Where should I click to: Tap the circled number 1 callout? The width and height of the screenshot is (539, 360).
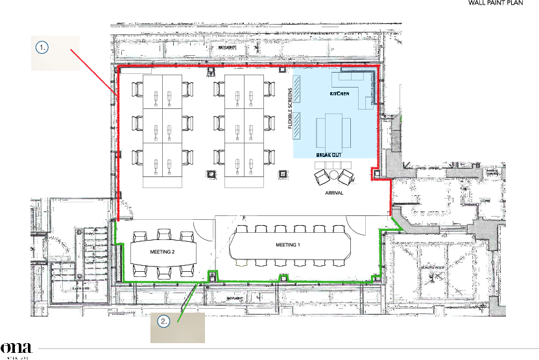click(42, 47)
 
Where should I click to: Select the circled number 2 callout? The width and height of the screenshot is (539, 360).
click(165, 321)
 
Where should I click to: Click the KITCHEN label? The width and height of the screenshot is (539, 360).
click(339, 94)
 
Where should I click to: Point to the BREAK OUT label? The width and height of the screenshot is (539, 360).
click(328, 156)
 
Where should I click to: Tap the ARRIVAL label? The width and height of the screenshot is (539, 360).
click(333, 193)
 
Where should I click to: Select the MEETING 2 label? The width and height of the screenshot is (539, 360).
click(163, 252)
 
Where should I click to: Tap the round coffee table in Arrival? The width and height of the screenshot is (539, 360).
click(333, 175)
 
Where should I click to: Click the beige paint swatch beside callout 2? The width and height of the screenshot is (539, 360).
click(185, 328)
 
